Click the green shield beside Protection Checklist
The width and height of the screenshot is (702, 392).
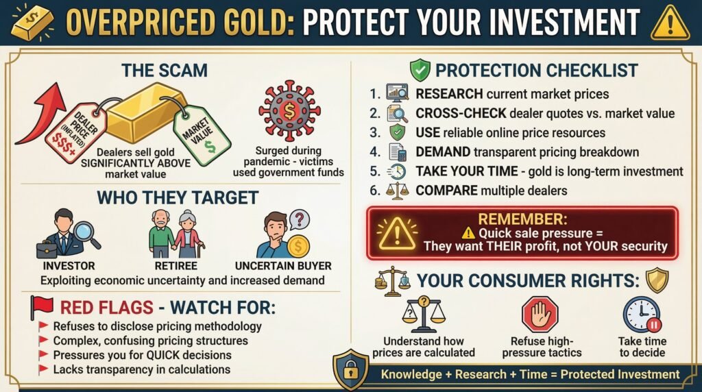tap(420, 70)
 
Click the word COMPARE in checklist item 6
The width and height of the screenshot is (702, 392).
tap(444, 191)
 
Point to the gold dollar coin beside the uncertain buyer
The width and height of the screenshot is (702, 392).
tap(298, 245)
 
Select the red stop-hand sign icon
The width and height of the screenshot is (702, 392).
tap(540, 315)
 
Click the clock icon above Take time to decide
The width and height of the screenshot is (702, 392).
tap(641, 315)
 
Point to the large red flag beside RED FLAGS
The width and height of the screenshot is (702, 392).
tap(43, 306)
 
